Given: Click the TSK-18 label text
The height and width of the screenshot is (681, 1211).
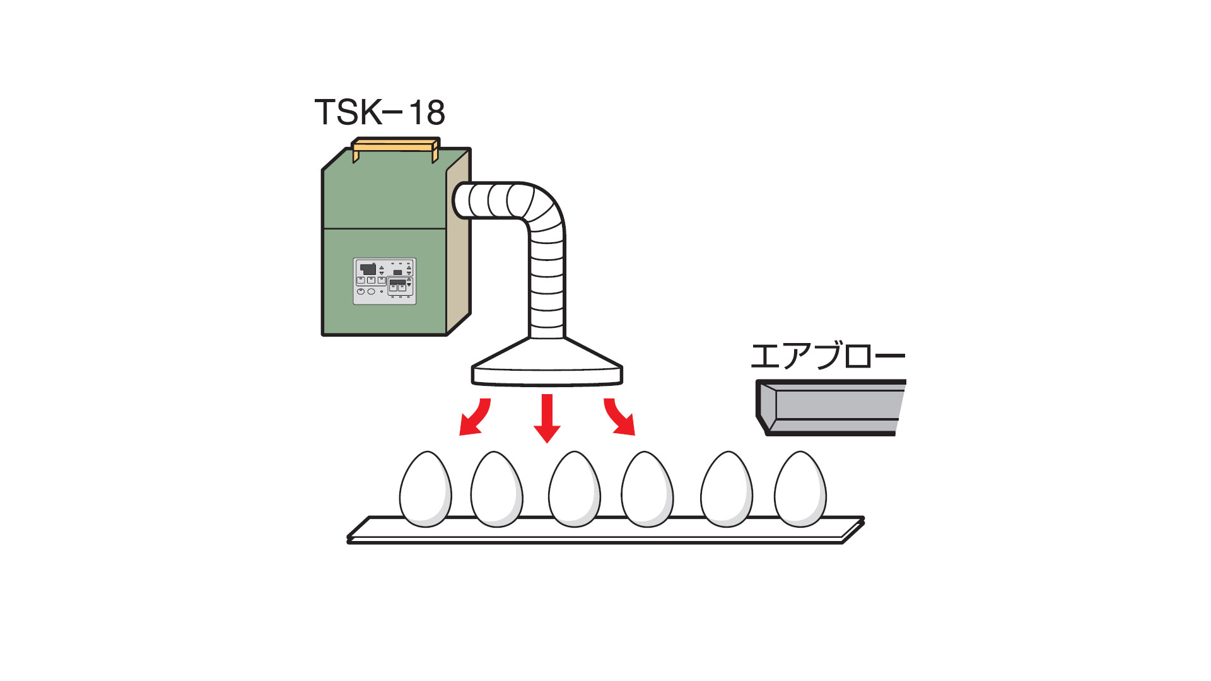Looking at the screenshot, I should (379, 112).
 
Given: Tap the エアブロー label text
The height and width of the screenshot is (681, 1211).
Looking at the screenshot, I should (827, 356).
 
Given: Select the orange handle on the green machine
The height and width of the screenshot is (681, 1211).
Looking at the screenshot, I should (395, 146).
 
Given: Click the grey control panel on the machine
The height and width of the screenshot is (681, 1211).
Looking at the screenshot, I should (384, 281).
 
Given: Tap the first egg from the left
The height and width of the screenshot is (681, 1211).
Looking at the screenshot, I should (426, 489).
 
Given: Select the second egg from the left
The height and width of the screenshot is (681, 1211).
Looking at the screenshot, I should (497, 489).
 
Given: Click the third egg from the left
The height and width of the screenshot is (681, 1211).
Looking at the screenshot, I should (574, 489).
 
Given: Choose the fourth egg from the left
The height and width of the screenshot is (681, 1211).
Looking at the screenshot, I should (647, 489).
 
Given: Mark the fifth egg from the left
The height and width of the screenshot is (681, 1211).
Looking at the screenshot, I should (727, 489).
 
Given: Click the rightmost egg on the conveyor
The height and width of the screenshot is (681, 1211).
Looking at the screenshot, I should (800, 489).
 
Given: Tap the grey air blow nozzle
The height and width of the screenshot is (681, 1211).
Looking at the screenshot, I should (831, 407).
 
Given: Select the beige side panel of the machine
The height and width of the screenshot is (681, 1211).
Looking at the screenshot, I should (459, 246).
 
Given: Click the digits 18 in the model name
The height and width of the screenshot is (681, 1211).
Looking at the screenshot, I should (427, 112).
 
